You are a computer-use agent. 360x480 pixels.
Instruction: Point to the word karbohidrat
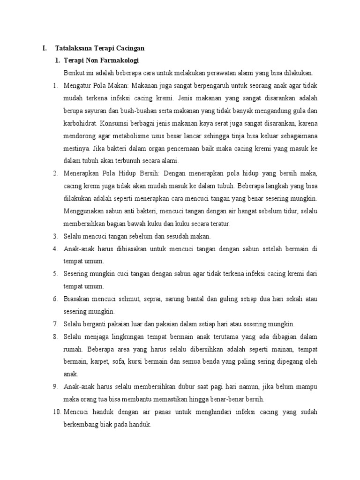(80, 124)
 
